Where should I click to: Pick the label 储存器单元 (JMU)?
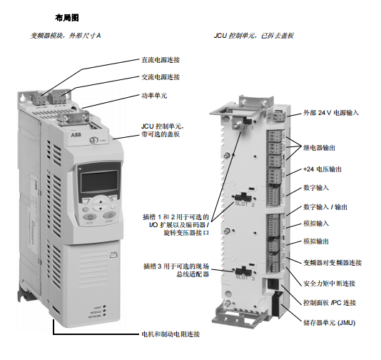pyautogui.click(x=329, y=323)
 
